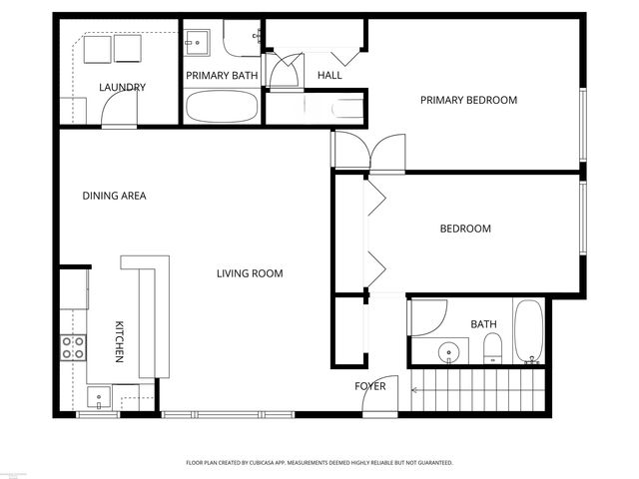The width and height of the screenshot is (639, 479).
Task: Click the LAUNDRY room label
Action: [x=123, y=87]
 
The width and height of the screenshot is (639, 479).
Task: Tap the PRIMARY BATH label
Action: [x=222, y=75]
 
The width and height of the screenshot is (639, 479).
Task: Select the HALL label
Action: [x=329, y=76]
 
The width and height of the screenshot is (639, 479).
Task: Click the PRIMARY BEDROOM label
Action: [x=468, y=100]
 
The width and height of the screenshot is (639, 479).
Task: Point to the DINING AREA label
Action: [x=114, y=196]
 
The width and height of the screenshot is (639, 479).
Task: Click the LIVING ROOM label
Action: [x=250, y=273]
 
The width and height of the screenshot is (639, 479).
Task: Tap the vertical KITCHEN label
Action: [x=119, y=341]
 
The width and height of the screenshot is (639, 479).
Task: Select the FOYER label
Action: [x=370, y=385]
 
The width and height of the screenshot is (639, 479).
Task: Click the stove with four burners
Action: [x=73, y=347]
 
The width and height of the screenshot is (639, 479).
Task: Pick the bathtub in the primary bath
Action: [x=222, y=107]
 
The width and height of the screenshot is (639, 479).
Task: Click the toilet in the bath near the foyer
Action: [x=492, y=348]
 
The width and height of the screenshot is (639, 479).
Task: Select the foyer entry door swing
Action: [x=381, y=394]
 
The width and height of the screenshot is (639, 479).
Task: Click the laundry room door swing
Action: [x=118, y=114]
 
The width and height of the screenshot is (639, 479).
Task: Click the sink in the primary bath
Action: [x=196, y=43]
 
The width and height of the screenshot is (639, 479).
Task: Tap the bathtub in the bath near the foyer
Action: [x=528, y=331]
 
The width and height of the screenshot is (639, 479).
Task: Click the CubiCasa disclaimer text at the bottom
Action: [x=319, y=463]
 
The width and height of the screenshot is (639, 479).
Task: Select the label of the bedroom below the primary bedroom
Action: [x=465, y=229]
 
